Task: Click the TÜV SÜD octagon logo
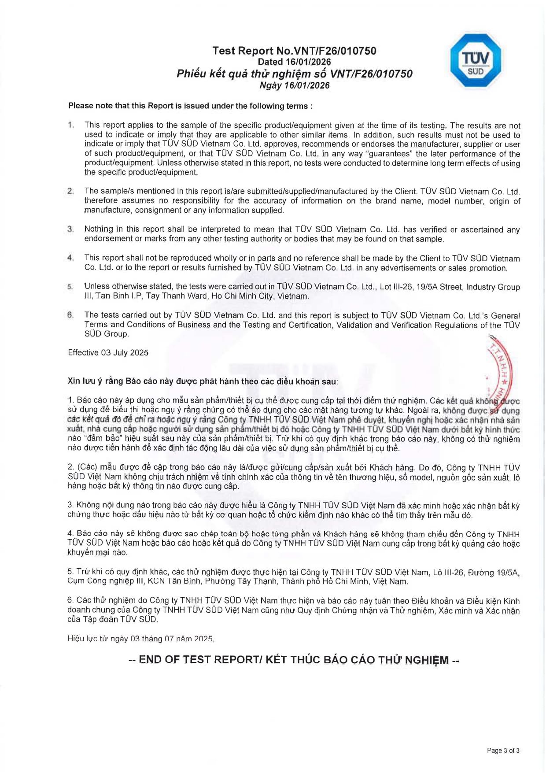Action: pos(476,60)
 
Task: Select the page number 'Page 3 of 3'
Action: pos(503,751)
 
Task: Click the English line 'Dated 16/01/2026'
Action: pos(294,62)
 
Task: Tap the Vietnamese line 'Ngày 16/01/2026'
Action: pos(294,85)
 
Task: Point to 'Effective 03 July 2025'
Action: pos(108,353)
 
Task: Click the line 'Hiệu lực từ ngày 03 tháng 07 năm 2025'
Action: pos(140,639)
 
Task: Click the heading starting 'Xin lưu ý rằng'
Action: pos(203,381)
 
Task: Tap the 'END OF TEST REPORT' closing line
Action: pos(294,660)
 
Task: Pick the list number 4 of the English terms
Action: pos(70,258)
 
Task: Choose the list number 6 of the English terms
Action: pos(70,315)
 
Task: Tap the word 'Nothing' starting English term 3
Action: pos(99,229)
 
